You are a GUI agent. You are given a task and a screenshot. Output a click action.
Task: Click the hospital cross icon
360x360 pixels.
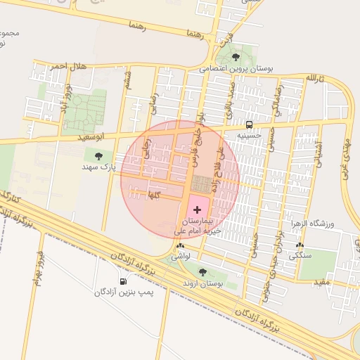pos(196,210)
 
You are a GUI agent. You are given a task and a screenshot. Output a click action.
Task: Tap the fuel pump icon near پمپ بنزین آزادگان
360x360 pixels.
pos(124,281)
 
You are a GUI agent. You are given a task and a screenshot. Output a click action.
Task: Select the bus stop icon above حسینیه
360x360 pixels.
pos(249,124)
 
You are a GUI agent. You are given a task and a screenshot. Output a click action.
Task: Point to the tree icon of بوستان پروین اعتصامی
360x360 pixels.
pos(236,57)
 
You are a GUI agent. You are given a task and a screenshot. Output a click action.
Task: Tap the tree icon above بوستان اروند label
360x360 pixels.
pos(202,272)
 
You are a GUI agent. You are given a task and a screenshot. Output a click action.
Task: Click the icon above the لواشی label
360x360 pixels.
pos(181,247)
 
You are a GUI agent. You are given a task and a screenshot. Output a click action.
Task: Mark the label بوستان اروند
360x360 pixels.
pos(202,283)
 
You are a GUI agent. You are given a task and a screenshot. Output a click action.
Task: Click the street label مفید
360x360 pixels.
pos(321,282)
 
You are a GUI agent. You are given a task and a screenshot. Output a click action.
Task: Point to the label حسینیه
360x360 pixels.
pos(249,135)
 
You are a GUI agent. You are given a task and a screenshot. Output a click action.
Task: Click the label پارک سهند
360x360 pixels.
pos(98,167)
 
